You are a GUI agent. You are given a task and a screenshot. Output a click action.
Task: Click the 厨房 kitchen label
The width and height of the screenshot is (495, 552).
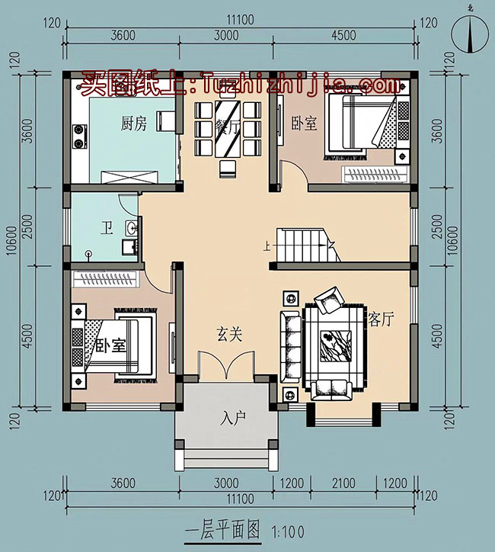point(133,124)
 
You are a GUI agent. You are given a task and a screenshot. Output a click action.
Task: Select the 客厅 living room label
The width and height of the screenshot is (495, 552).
point(381,319)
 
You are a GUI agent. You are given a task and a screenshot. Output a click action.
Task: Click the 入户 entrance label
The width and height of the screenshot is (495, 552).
point(234,418)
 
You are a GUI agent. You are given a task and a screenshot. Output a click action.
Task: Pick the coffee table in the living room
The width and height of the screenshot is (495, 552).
point(334,343)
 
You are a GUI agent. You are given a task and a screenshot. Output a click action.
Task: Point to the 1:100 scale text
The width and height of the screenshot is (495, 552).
point(286,529)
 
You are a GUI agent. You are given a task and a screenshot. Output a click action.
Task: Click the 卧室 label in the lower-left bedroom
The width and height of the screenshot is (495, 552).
point(110,345)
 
